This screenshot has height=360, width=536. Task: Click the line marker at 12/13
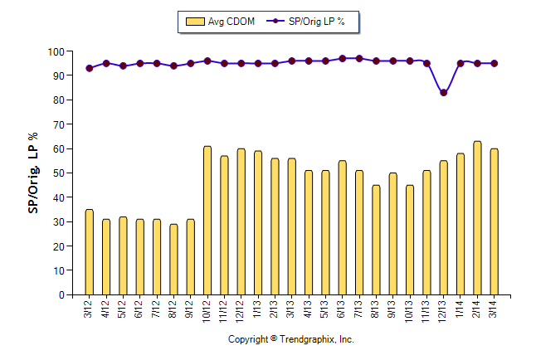[x=444, y=92]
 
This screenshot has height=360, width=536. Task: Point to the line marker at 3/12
[x=90, y=68]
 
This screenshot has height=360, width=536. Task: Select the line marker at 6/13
[x=342, y=59]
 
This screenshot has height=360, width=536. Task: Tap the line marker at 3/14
[x=494, y=63]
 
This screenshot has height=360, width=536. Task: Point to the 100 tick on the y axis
[x=56, y=51]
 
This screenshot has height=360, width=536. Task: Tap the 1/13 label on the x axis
[x=258, y=310]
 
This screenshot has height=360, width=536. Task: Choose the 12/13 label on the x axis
[x=444, y=312]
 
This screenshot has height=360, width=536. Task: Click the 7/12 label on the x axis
[x=157, y=310]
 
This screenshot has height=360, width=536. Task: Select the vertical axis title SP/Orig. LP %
[x=34, y=173]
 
